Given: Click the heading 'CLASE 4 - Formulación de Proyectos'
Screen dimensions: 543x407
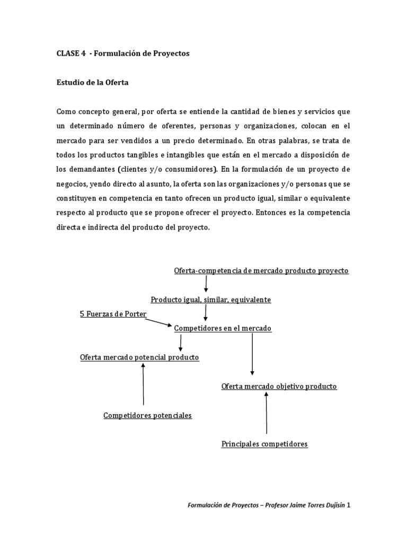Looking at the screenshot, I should (122, 54).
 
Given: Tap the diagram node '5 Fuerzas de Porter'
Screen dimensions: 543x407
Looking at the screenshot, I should (112, 314).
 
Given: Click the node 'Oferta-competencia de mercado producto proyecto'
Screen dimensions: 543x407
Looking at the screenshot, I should (261, 270).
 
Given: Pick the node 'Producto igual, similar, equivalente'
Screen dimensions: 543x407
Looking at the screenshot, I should (210, 300).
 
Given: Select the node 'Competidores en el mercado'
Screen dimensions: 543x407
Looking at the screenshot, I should (223, 328).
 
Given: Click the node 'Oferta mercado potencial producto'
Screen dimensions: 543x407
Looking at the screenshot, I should (139, 357).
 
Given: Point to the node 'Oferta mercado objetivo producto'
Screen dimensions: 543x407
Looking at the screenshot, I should (279, 386).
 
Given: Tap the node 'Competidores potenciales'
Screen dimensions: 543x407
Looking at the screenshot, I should (147, 415).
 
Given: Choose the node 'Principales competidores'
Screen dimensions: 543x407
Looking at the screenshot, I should (264, 444).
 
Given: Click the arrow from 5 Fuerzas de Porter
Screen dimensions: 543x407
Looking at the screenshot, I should (159, 321).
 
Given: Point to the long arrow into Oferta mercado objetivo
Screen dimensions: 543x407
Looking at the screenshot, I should (252, 354).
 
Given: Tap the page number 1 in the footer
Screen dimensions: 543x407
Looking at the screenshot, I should (348, 505).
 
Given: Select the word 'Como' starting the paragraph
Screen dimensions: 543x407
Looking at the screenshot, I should (66, 111).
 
